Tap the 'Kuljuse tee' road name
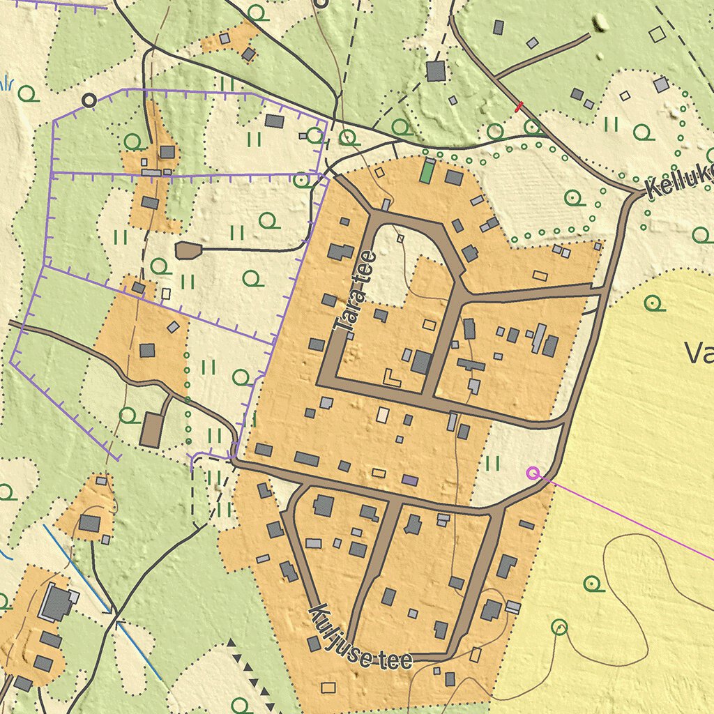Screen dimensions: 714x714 (360, 638)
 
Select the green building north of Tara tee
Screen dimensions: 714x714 (427, 172)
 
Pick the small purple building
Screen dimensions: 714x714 (410, 480)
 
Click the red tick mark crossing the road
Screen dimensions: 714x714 (519, 107)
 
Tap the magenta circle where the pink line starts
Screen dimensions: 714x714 (533, 473)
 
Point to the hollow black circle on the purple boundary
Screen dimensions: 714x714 (89, 100)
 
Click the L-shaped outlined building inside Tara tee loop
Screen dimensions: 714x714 (392, 378)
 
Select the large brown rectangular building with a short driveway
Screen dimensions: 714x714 (151, 430)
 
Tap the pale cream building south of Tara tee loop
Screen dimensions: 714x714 (383, 415)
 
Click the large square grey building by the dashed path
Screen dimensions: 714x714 (436, 71)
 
